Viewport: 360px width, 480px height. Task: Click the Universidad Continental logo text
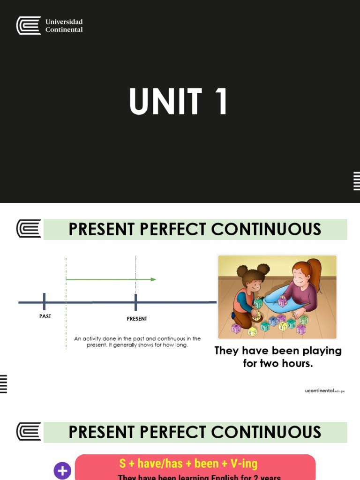64,26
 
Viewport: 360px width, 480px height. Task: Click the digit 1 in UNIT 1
220,102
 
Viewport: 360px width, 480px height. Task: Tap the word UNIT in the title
165,102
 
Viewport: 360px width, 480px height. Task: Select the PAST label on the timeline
45,316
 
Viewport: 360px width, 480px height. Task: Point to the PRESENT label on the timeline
137,319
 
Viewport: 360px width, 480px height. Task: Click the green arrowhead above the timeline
153,279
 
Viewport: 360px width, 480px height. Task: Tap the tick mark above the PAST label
44,302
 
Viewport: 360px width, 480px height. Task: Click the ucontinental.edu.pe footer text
324,390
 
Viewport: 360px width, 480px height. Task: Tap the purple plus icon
62,471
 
